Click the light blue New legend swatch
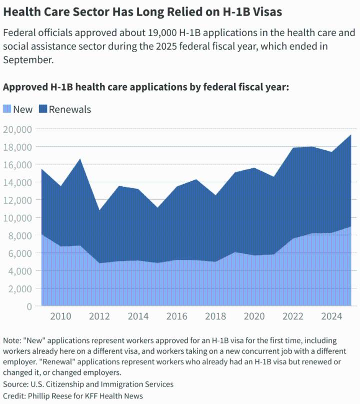(7, 109)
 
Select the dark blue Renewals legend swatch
(42, 109)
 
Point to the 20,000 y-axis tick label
(17, 129)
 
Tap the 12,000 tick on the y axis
(17, 200)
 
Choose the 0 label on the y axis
(29, 306)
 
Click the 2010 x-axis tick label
(60, 316)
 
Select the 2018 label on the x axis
(216, 316)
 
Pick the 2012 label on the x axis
(99, 316)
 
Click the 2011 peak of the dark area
(80, 159)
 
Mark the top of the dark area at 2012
(99, 210)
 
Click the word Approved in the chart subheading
(25, 87)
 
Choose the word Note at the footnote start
(11, 340)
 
